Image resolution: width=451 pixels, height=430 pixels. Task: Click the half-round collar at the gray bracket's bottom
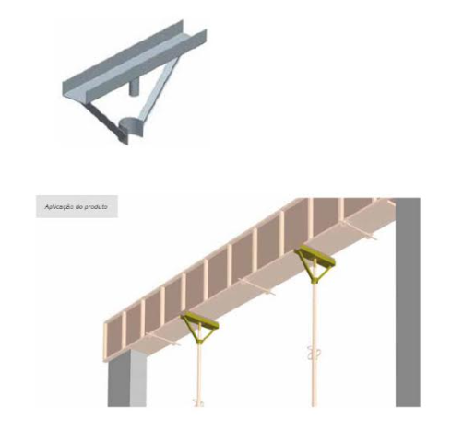[130, 127]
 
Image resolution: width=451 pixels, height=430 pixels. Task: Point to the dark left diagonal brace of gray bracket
[104, 121]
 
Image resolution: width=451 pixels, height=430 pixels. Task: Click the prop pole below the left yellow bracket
[199, 375]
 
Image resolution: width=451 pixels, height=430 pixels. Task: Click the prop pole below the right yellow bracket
[314, 343]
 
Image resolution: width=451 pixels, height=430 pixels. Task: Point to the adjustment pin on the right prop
[311, 353]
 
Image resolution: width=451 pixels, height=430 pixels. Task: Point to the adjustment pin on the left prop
[197, 402]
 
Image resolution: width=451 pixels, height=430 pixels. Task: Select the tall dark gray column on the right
[408, 302]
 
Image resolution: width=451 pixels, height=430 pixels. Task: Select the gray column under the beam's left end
[126, 380]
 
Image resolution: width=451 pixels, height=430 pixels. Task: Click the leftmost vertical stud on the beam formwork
[105, 342]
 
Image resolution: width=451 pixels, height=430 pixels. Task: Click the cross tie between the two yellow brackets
[257, 286]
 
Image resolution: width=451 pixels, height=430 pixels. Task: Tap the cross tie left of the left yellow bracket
[162, 340]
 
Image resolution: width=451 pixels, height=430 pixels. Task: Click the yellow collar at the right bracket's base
[314, 280]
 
